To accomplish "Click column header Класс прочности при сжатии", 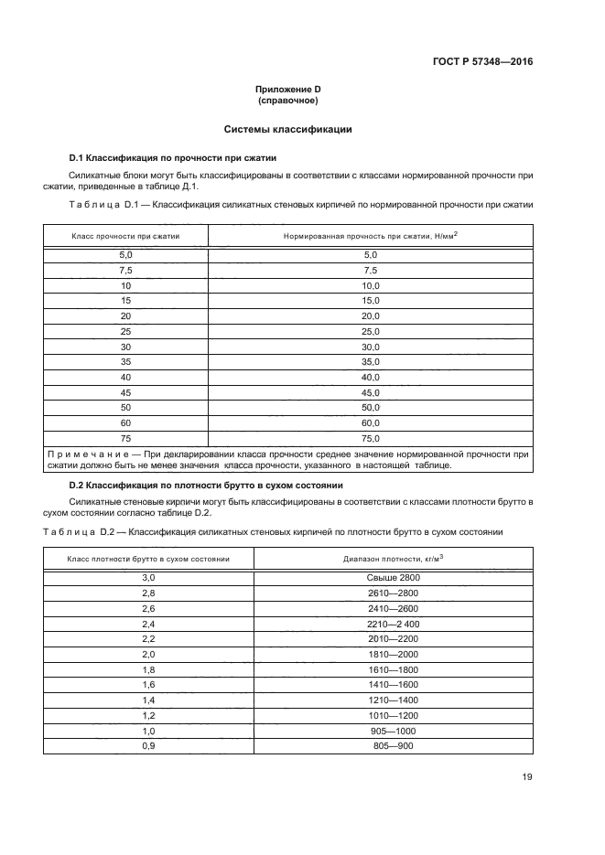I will click(126, 236).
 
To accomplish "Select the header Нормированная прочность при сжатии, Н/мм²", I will click(371, 236).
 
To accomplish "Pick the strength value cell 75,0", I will click(371, 439).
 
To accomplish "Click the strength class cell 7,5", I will click(126, 270).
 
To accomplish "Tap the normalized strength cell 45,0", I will click(371, 392).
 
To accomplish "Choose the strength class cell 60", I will click(126, 423).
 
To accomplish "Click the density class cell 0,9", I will click(148, 746).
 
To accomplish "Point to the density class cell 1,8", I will click(148, 669).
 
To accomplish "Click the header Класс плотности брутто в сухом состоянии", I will click(148, 557).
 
